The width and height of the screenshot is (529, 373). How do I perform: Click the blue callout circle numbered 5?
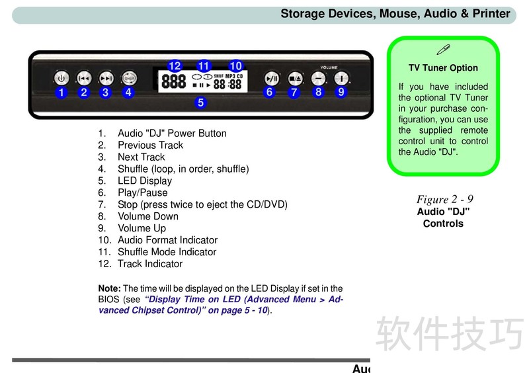tap(201, 103)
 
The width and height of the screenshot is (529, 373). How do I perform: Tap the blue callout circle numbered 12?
tap(175, 66)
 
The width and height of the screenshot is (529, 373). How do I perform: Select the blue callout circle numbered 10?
tap(235, 66)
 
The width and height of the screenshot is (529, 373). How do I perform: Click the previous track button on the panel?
tap(84, 78)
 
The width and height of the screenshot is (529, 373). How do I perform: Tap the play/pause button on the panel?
tap(272, 79)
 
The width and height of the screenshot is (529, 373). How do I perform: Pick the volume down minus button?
tap(318, 79)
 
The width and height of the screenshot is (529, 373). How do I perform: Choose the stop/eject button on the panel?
tap(295, 79)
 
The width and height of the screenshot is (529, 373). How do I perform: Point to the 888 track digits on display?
tap(174, 81)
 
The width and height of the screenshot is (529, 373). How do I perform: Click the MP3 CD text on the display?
tap(234, 76)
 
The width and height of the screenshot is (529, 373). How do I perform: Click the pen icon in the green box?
tap(443, 50)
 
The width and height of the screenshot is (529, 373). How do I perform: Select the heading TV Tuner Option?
tap(443, 68)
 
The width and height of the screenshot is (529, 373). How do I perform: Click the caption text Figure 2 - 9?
tap(444, 199)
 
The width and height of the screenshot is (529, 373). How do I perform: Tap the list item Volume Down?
tap(148, 216)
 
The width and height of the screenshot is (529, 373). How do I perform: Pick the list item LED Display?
tap(145, 181)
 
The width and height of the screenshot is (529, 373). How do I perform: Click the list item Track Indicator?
tap(150, 264)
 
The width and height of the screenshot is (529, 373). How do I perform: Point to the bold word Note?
tap(109, 288)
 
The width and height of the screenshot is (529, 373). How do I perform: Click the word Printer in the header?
tap(491, 13)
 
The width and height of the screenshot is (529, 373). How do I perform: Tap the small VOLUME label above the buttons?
tap(329, 67)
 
